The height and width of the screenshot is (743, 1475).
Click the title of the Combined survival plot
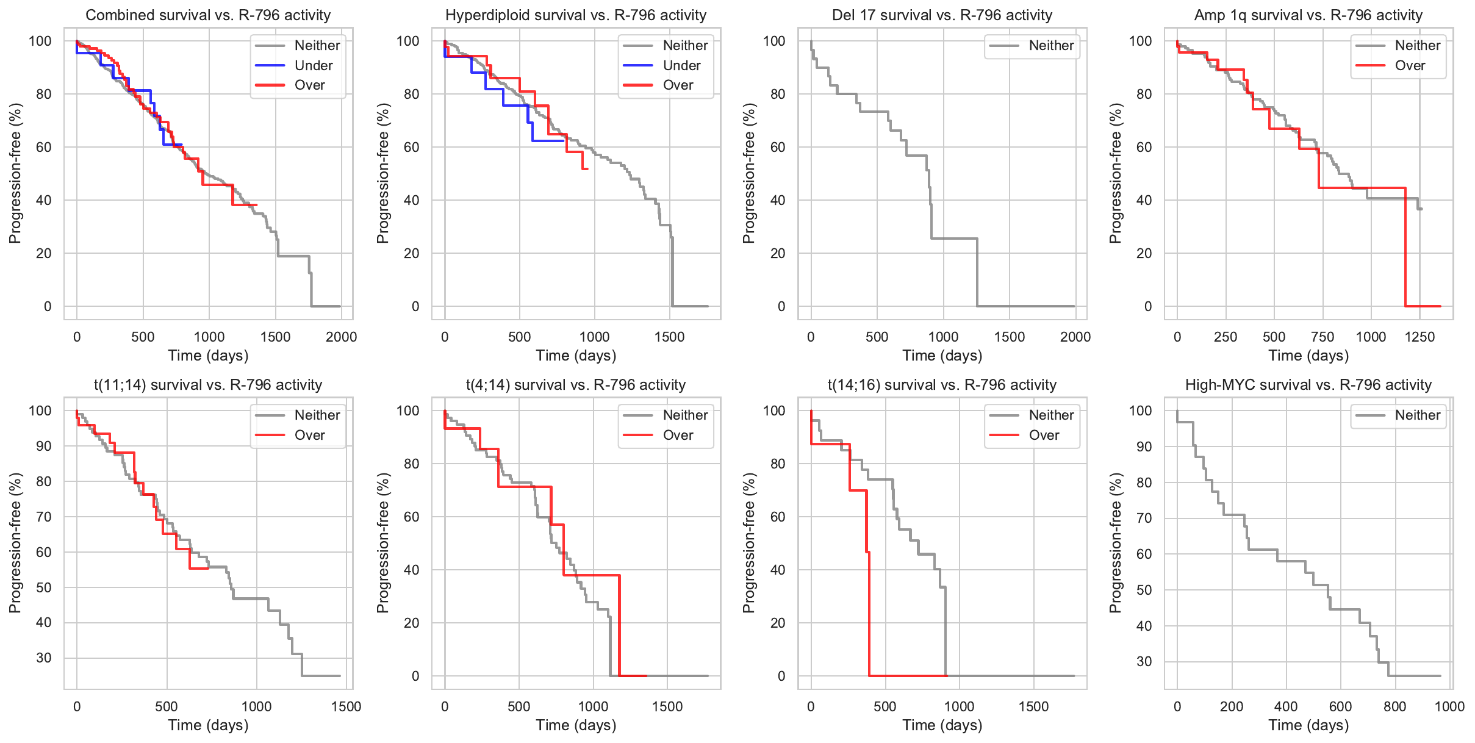[x=208, y=15]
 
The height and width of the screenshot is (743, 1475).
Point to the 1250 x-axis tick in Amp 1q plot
[x=1419, y=337]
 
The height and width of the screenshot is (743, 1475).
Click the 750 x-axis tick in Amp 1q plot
[x=1322, y=337]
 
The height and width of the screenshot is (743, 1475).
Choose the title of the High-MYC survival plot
[x=1308, y=385]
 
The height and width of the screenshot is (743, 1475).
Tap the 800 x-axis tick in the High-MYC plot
[x=1394, y=706]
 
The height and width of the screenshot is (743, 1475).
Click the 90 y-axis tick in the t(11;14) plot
[x=44, y=446]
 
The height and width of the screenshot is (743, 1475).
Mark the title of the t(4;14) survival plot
[x=576, y=385]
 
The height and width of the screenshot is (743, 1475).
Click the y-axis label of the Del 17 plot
[x=749, y=173]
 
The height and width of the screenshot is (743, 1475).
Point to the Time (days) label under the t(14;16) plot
[x=942, y=725]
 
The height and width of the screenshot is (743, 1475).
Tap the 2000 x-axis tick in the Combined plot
[x=341, y=337]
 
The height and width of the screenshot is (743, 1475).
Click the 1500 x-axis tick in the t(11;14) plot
[x=346, y=706]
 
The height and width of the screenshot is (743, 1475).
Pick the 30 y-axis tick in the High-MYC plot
[x=1144, y=662]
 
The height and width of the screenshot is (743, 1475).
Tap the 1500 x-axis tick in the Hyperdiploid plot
[x=669, y=337]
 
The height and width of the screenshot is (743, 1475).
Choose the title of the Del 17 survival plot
[x=942, y=15]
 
